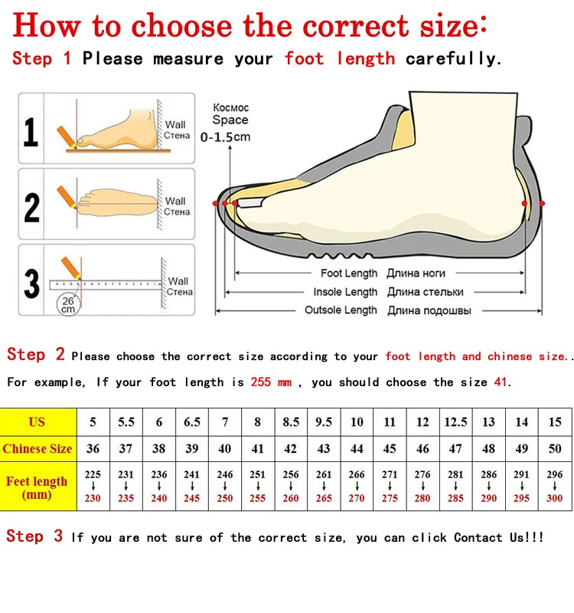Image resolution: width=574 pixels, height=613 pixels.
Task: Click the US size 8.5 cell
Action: (291, 422)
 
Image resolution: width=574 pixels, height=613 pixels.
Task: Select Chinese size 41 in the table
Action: (258, 449)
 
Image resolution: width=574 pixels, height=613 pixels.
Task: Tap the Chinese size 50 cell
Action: (555, 449)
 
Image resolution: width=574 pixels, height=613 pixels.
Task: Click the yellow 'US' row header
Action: (38, 422)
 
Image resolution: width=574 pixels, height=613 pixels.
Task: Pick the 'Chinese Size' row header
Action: (38, 449)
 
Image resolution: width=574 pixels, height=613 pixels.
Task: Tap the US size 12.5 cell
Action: (455, 422)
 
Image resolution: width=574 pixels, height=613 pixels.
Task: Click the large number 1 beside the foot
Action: (31, 132)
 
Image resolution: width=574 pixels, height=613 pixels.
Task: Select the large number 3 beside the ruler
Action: (31, 283)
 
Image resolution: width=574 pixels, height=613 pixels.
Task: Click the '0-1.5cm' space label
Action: (226, 137)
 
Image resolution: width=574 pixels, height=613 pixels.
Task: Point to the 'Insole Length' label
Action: (345, 292)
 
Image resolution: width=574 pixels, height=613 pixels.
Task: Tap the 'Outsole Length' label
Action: (341, 310)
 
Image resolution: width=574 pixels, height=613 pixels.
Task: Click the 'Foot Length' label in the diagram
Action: (349, 274)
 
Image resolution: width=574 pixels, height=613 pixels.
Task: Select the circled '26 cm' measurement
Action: (68, 304)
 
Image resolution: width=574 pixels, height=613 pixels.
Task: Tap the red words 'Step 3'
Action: (34, 536)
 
